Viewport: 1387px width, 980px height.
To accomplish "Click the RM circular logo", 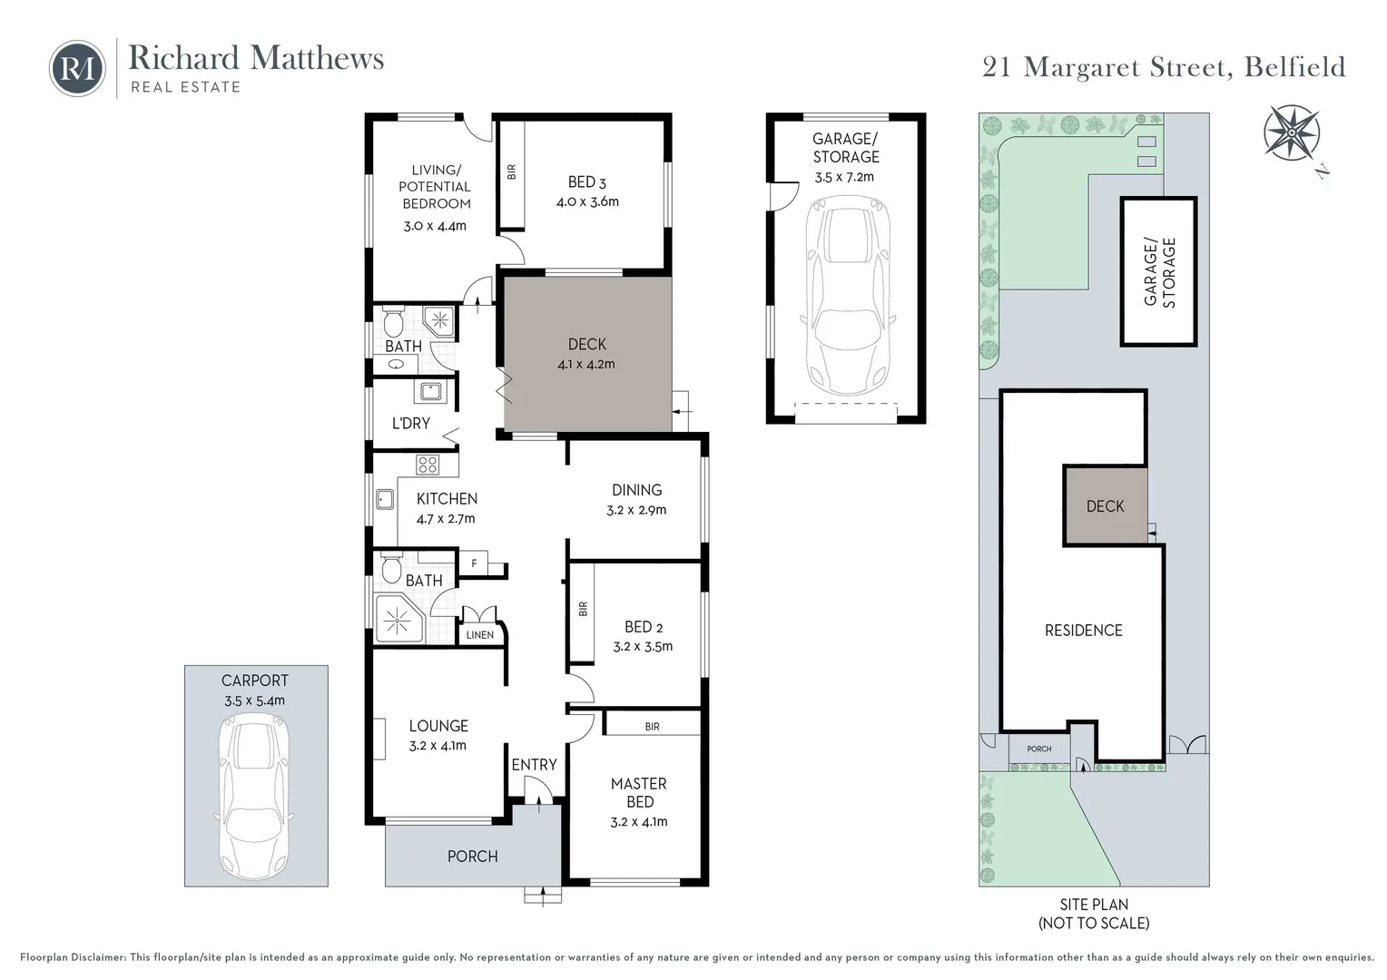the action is coord(77,68).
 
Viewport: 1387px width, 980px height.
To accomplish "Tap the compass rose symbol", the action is coord(1292,133).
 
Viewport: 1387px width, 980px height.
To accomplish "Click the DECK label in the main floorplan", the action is coord(587,344).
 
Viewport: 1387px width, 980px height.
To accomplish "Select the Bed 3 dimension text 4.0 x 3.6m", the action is coord(587,201).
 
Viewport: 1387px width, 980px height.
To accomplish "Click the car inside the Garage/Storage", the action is coord(848,295).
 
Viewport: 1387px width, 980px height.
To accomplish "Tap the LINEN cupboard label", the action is coord(480,635).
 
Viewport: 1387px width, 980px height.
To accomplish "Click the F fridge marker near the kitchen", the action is coord(475,563).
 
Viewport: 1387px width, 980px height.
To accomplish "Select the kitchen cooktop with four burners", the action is coord(428,465).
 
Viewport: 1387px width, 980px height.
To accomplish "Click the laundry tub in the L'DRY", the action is coord(430,391).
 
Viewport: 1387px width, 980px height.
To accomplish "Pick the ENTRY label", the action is coord(534,765).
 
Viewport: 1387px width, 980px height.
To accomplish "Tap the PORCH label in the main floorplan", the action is coord(472,857).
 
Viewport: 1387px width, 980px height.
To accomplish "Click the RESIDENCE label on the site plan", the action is coord(1084,631).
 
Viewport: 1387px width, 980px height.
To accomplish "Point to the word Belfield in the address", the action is coord(1294,67).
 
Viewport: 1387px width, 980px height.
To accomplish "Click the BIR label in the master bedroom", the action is coord(652,727).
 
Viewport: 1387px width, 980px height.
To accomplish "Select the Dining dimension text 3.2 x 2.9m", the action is coord(636,510).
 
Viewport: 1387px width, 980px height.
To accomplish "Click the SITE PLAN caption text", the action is coord(1094,905).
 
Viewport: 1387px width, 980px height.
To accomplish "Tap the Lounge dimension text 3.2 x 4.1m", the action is coord(438,746).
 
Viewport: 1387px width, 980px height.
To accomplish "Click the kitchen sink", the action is coord(385,499).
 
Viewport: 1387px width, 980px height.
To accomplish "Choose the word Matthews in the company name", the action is coord(317,58).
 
